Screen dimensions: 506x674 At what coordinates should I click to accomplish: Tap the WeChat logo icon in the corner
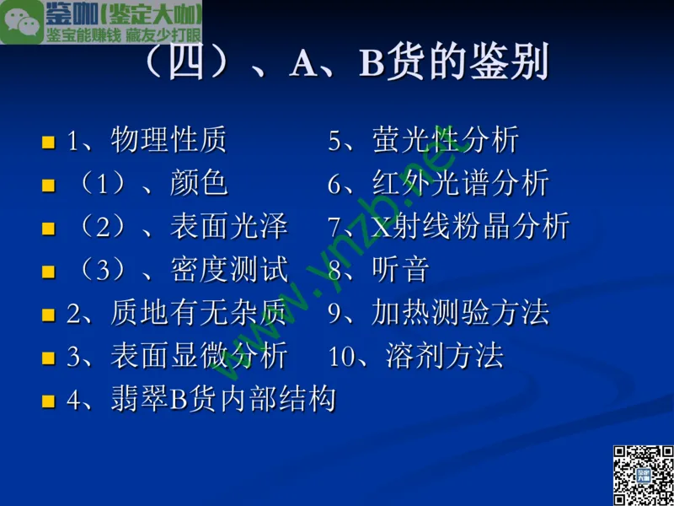pyautogui.click(x=22, y=22)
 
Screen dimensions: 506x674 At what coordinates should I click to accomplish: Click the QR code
pyautogui.click(x=643, y=474)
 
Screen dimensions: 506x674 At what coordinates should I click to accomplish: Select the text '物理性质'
pyautogui.click(x=168, y=140)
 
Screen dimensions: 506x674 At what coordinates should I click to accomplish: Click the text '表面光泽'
pyautogui.click(x=228, y=226)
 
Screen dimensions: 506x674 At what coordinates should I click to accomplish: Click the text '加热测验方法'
pyautogui.click(x=460, y=313)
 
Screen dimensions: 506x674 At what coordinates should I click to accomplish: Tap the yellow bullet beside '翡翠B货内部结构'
pyautogui.click(x=48, y=401)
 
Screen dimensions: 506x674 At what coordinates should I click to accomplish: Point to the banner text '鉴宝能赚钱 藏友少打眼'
pyautogui.click(x=124, y=35)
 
